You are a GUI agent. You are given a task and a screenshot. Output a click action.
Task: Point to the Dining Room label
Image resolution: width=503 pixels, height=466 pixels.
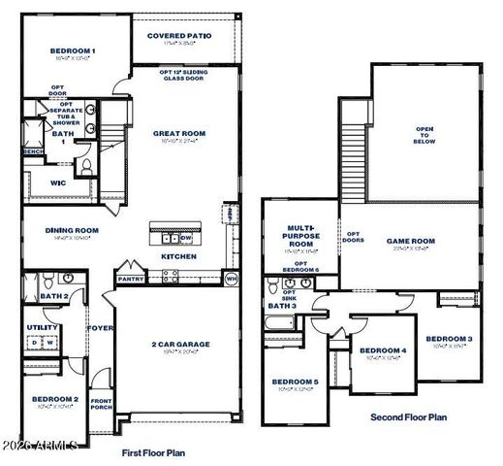pos(73,230)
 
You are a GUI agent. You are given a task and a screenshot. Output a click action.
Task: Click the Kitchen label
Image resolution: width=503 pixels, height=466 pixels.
pos(178,256)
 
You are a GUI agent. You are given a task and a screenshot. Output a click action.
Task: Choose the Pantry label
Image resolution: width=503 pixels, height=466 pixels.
pos(130,279)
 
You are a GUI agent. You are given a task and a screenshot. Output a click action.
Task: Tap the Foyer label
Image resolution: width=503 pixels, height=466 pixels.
pos(102,328)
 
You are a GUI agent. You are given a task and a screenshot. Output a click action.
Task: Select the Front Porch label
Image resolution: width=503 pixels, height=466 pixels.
pos(102,404)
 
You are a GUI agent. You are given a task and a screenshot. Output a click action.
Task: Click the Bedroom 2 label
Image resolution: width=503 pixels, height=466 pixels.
pos(54,399)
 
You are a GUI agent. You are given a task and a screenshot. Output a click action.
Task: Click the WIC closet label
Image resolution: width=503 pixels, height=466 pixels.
pos(31,182)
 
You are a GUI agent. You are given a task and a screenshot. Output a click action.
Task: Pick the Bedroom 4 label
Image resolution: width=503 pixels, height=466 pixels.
pos(382,349)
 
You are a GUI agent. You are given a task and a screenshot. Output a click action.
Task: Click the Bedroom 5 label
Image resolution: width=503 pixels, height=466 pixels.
pos(295,382)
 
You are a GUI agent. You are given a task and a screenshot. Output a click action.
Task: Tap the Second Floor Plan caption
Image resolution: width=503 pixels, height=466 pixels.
pos(408,416)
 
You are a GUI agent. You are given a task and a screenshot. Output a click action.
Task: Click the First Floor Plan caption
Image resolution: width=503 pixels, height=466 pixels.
pos(153,452)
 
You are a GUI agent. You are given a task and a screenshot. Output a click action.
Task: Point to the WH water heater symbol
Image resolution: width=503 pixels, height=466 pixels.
pos(231,279)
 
